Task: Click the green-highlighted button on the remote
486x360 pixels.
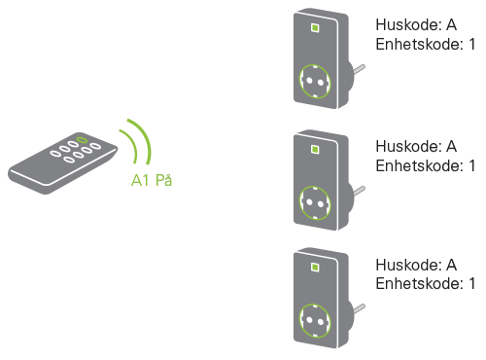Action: (82, 140)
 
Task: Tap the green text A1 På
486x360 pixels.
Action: (152, 180)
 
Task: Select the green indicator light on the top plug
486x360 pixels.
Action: (315, 28)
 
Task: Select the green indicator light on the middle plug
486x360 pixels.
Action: (315, 150)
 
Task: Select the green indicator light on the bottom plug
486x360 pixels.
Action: (315, 268)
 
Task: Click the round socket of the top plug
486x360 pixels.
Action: (315, 81)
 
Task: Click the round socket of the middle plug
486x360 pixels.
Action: (315, 203)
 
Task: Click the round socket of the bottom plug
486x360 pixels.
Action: (315, 321)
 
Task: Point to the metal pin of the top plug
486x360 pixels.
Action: (359, 69)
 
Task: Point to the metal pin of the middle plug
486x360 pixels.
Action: (359, 191)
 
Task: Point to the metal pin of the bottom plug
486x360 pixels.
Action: (359, 308)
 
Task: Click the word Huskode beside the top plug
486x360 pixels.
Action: (408, 24)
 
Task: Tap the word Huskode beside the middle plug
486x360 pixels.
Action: (408, 146)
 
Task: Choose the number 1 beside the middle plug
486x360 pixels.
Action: (471, 165)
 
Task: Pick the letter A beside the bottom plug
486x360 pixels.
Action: (452, 265)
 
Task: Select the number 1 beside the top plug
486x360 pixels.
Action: (471, 44)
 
